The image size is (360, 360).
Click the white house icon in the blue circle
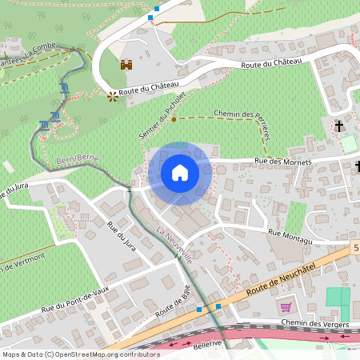[x=180, y=173]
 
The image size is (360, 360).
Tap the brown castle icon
[x=126, y=66]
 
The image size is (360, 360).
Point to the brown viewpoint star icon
[x=112, y=94]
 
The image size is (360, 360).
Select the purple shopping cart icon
[x=286, y=307]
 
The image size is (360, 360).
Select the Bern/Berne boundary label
[x=78, y=160]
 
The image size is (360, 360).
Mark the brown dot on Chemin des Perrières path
[x=174, y=119]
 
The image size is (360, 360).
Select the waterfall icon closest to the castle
[x=64, y=88]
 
